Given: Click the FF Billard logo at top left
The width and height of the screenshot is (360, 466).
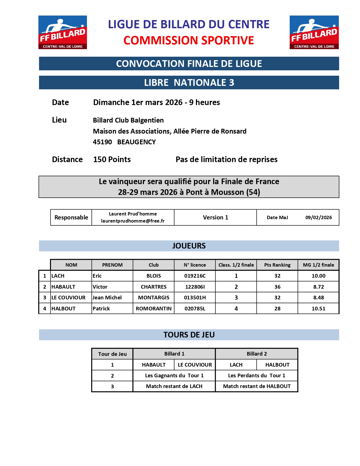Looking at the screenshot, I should (x=63, y=32).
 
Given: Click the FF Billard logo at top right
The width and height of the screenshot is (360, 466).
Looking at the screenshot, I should (x=314, y=32).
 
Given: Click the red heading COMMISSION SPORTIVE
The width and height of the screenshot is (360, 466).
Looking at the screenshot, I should (x=189, y=40).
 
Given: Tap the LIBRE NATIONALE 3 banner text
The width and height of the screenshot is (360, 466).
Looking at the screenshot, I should (x=189, y=82).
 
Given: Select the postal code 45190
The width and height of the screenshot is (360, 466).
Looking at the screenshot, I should (x=102, y=142).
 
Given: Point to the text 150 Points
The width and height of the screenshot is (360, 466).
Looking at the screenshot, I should (x=112, y=160).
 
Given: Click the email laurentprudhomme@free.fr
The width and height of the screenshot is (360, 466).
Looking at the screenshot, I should (x=133, y=221).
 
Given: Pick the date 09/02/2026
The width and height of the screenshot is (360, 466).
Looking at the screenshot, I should (x=318, y=217).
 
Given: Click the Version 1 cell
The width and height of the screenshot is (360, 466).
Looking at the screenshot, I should (x=215, y=217).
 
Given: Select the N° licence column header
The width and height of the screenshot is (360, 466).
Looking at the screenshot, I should (x=195, y=265).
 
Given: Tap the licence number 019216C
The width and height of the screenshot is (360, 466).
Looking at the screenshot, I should (x=195, y=276).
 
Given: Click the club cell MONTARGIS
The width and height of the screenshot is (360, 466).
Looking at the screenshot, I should (x=154, y=298).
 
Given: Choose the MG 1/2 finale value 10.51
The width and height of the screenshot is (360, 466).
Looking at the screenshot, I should (x=318, y=309).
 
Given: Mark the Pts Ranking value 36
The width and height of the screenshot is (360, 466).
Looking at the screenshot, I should (x=277, y=287).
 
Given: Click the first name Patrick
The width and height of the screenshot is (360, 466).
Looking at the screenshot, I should (x=101, y=309).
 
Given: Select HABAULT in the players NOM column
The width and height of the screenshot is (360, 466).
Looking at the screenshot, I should (x=63, y=287).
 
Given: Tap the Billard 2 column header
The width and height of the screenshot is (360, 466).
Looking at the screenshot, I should (x=257, y=354).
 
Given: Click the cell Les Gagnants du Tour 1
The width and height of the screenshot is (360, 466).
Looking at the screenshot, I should (x=174, y=376).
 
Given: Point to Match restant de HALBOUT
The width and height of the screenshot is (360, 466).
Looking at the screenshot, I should (x=257, y=386).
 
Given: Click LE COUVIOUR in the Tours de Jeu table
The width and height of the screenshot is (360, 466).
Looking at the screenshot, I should (x=195, y=365).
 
